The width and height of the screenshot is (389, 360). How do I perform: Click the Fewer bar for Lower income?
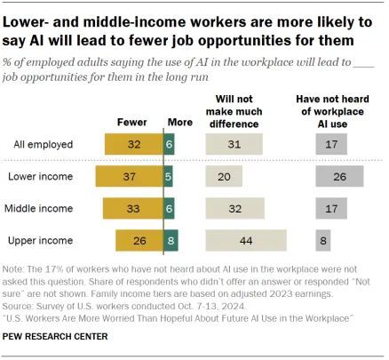(130, 176)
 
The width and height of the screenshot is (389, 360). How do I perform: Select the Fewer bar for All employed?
(134, 143)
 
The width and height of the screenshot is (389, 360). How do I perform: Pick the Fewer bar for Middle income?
(133, 208)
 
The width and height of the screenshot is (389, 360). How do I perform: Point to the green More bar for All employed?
(170, 143)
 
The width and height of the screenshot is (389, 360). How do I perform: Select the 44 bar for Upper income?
(246, 240)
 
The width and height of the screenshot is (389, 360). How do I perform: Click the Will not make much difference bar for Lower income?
(224, 176)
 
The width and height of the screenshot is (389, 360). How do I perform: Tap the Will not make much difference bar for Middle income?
(234, 208)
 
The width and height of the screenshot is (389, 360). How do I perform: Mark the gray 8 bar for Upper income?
(322, 240)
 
